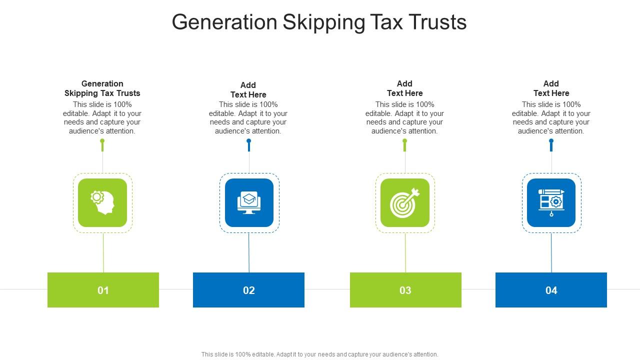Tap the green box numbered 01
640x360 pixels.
(103, 290)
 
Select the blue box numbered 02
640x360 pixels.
(248, 290)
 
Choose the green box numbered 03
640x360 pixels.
(405, 290)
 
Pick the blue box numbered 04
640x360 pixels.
(551, 290)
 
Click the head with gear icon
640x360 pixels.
(102, 202)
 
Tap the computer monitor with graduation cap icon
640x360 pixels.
(249, 202)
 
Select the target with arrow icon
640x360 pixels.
(405, 202)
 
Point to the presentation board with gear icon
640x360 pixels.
(551, 202)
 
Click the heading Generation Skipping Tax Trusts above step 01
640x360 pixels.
(102, 88)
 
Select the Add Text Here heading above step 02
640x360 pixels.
(248, 90)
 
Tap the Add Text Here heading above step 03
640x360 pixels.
(405, 88)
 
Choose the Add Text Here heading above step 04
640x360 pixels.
(551, 88)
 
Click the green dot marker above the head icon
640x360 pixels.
(102, 141)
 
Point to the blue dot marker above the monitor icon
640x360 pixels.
(249, 141)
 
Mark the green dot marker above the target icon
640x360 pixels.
(405, 141)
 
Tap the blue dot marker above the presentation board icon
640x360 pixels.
(551, 141)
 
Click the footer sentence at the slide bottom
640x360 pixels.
(320, 354)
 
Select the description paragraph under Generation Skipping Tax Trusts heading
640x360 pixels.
(102, 118)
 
